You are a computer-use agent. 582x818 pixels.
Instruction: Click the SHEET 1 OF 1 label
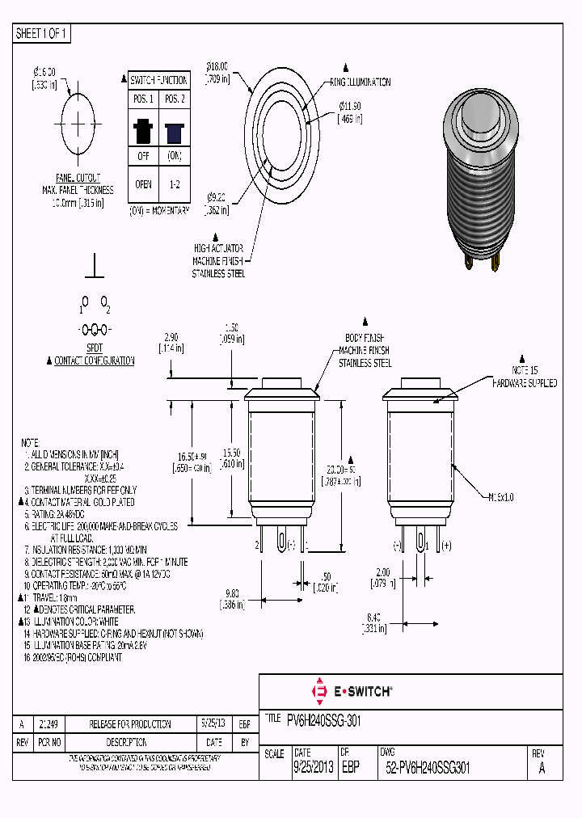click(42, 34)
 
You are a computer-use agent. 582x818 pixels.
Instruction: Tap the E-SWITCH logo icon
click(318, 692)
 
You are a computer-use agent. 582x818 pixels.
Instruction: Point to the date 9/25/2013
click(314, 769)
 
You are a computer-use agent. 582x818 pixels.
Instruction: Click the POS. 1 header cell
click(143, 99)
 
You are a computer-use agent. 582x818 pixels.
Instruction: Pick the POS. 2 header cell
click(174, 99)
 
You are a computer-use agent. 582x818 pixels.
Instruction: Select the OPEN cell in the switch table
click(143, 184)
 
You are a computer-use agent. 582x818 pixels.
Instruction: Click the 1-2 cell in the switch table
click(174, 184)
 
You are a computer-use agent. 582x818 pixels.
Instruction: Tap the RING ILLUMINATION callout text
click(360, 82)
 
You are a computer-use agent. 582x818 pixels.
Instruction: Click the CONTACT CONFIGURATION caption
click(94, 361)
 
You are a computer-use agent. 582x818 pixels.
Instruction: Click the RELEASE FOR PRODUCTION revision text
click(130, 724)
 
